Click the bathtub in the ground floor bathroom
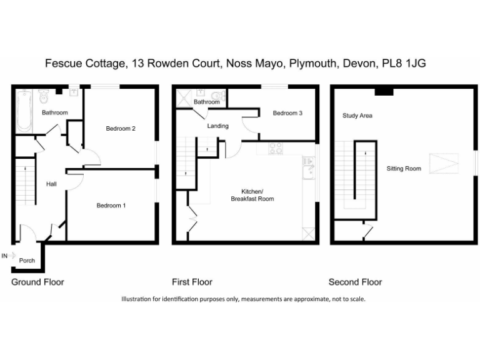(24, 111)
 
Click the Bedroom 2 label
(121, 129)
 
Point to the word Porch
(27, 261)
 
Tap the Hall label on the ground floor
(51, 184)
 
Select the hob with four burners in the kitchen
(275, 149)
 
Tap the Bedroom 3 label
(287, 113)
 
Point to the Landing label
(218, 126)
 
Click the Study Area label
(357, 116)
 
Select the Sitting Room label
(403, 168)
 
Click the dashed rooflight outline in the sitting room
(446, 164)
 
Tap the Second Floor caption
(355, 282)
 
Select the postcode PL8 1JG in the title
(404, 63)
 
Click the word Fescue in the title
(63, 63)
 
